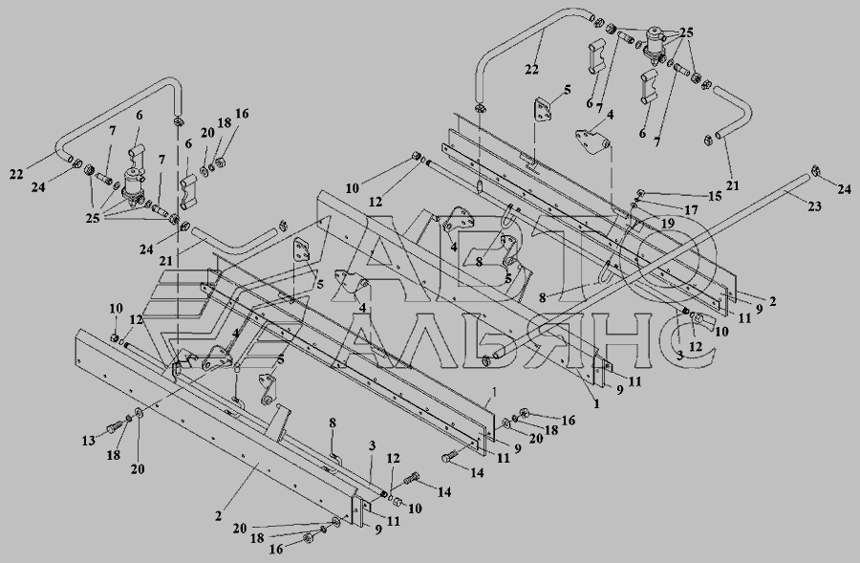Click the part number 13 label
pos(88,441)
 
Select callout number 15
pos(714,196)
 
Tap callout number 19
pos(668,224)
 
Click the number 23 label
pos(814,206)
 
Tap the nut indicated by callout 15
pos(640,192)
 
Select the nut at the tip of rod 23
pos(814,171)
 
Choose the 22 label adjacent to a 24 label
pos(16,174)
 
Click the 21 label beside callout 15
pos(733,185)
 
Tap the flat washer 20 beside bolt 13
pos(137,414)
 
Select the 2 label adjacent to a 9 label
pos(772,301)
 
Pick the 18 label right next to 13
pos(114,455)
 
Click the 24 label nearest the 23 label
pos(844,189)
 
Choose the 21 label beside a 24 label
pos(166,260)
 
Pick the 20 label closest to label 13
pos(138,468)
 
